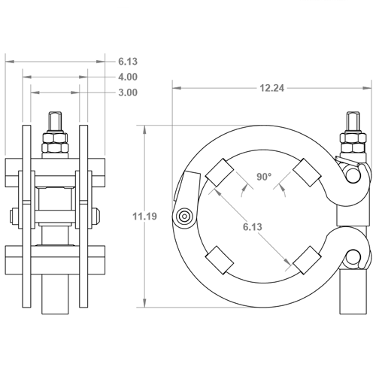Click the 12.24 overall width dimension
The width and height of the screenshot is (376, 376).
tap(272, 88)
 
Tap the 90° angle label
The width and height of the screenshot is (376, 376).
tap(263, 177)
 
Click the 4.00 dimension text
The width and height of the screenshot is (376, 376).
tap(127, 77)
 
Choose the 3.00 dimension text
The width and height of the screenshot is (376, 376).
tap(127, 92)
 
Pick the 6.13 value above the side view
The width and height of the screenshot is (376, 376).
tap(127, 60)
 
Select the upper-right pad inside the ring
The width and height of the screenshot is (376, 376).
tap(308, 174)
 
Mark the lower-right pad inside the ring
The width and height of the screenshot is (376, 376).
tap(308, 261)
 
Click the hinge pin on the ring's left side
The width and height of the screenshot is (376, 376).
tap(183, 217)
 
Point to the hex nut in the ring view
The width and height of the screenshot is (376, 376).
tap(351, 142)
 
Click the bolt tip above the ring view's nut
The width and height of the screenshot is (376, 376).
tap(351, 121)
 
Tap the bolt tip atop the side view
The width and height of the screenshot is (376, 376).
tap(56, 120)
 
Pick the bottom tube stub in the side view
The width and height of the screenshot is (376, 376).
tap(56, 290)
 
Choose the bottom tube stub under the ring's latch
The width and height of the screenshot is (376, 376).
tap(351, 290)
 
